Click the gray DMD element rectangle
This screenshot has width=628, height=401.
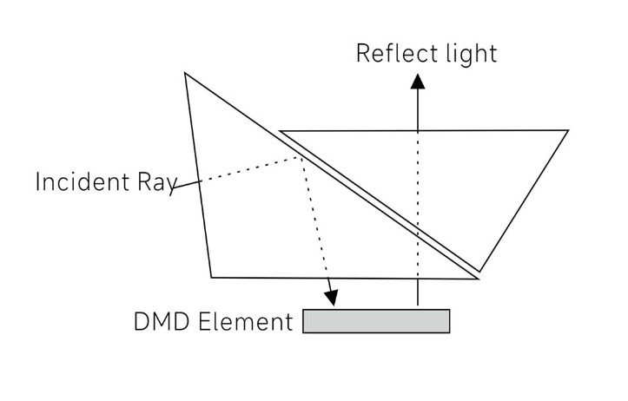click(x=376, y=321)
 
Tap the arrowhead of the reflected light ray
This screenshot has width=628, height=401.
click(x=418, y=82)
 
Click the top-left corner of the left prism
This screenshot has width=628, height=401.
click(x=185, y=73)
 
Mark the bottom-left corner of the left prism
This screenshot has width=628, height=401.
click(x=211, y=278)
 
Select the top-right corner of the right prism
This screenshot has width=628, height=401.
click(x=568, y=131)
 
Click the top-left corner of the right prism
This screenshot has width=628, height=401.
click(x=281, y=131)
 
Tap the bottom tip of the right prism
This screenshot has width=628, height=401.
click(x=480, y=271)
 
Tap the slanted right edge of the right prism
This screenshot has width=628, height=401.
click(x=525, y=200)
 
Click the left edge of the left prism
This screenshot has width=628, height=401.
click(x=198, y=174)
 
